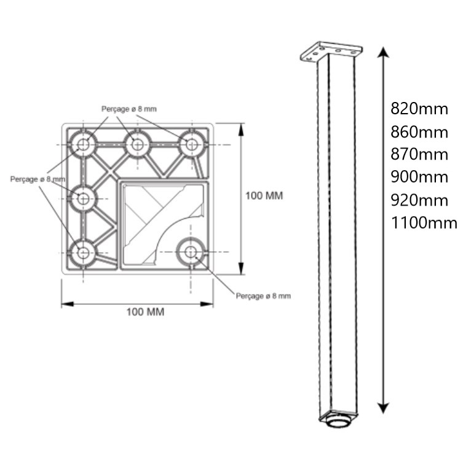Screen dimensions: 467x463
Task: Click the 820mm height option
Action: [x=419, y=109]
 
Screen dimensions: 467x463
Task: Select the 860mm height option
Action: [x=419, y=132]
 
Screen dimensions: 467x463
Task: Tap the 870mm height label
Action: [x=419, y=154]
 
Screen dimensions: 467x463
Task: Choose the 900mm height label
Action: [x=419, y=177]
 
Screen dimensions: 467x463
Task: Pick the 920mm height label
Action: [x=419, y=200]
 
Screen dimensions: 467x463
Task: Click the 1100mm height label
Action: [x=424, y=222]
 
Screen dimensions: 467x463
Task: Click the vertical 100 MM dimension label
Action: [x=264, y=196]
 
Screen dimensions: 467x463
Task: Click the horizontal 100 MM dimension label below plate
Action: [x=145, y=312]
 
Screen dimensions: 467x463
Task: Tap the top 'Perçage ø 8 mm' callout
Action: [x=129, y=109]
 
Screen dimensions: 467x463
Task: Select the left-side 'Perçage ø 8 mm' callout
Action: [x=37, y=179]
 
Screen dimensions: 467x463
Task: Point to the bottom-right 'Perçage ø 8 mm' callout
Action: [x=263, y=296]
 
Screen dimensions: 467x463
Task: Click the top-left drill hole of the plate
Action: [x=82, y=145]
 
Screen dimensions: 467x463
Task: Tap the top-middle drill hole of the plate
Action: [x=137, y=145]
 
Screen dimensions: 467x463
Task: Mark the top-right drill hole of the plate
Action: [x=192, y=145]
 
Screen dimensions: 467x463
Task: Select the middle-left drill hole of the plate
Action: [x=82, y=198]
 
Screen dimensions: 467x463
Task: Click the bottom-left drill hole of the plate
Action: [x=82, y=252]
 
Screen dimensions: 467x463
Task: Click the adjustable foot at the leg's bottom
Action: [x=337, y=422]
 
